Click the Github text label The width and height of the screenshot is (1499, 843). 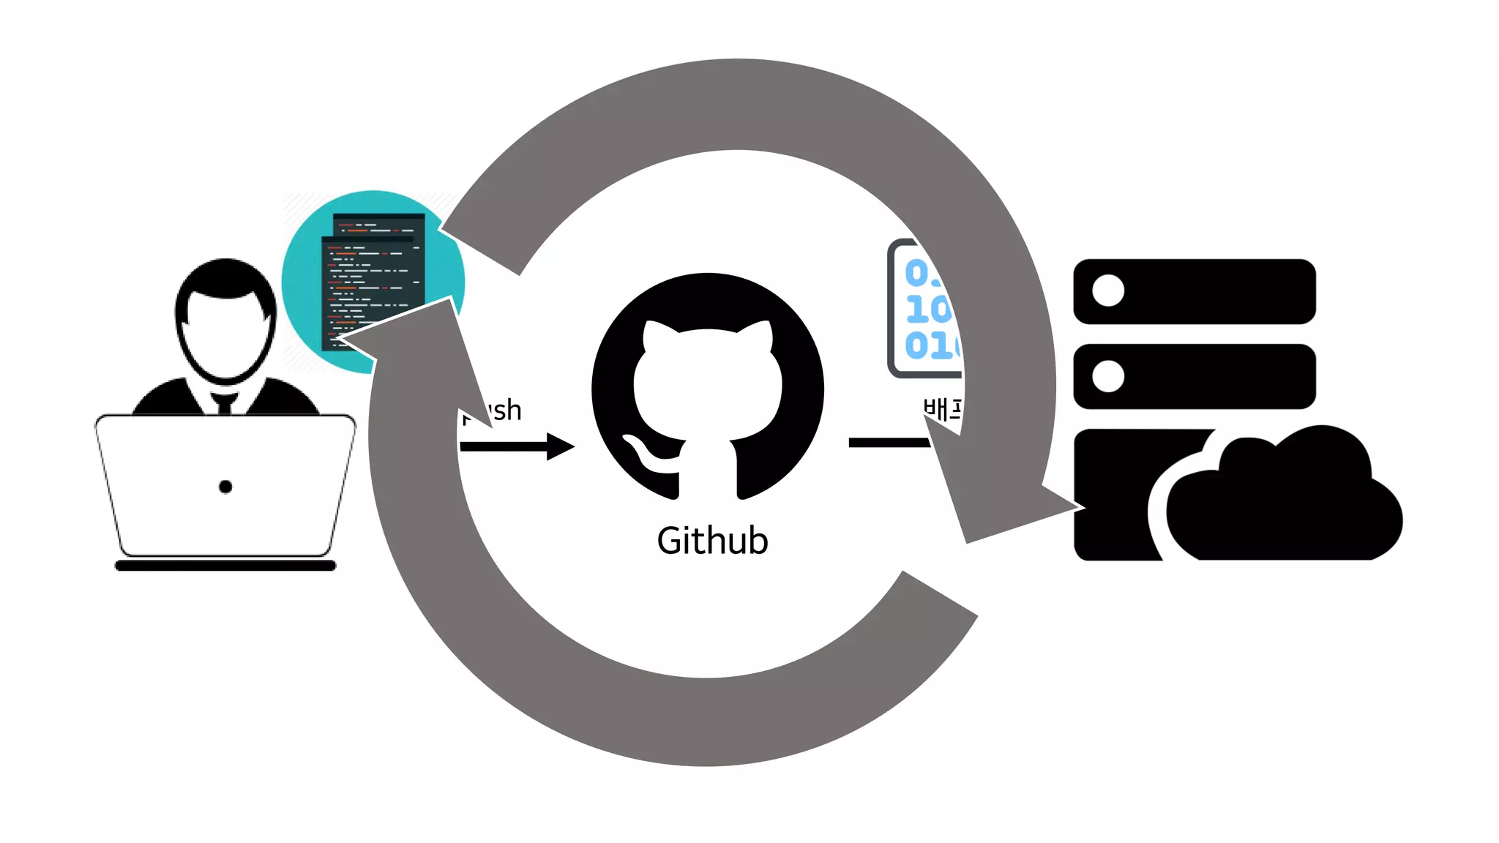coord(712,541)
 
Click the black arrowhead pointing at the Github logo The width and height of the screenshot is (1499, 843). coord(560,446)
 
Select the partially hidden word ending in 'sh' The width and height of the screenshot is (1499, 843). coord(504,411)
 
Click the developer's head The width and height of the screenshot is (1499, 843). coord(225,322)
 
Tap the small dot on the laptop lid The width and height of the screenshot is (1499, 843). coord(225,487)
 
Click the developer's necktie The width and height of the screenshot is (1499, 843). coord(225,403)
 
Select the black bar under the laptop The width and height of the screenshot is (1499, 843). coord(225,566)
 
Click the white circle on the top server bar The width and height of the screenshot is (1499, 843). coord(1108,291)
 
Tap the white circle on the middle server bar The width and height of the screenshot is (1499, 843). coord(1108,376)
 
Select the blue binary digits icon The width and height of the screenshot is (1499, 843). coord(926,310)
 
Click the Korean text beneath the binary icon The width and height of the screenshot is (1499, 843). coord(941,410)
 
